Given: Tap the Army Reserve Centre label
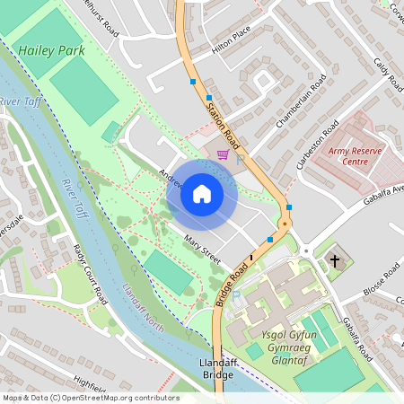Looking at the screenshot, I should point(359,156).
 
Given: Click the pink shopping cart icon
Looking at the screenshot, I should point(222,154).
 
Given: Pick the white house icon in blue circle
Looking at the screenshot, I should point(201,193).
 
